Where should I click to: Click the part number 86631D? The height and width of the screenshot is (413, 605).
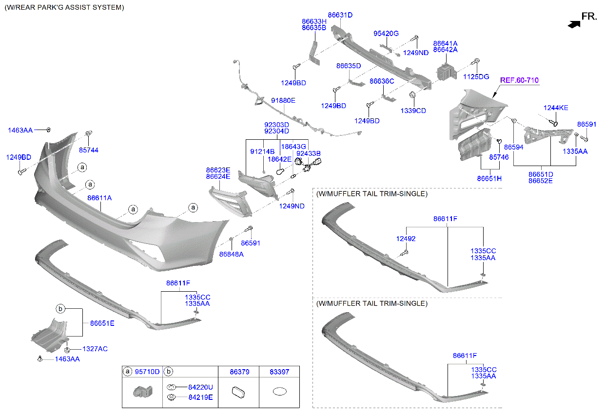click(340, 15)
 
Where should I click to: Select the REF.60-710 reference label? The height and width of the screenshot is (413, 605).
click(519, 80)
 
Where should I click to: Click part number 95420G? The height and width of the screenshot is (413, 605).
click(386, 34)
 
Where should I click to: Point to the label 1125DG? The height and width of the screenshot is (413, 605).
click(476, 77)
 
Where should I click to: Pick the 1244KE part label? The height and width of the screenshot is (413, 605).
click(556, 108)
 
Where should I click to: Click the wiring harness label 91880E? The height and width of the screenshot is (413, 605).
click(283, 101)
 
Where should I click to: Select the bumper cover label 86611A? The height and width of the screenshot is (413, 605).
click(99, 198)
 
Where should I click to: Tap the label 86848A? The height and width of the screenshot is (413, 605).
click(231, 254)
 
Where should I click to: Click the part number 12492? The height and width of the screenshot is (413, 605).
click(406, 239)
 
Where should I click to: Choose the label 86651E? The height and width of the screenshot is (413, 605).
click(102, 323)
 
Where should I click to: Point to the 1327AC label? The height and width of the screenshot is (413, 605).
click(95, 349)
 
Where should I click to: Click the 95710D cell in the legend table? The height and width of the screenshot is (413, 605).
click(147, 372)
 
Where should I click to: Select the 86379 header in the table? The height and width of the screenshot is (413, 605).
click(239, 372)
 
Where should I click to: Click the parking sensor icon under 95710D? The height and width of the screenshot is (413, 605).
click(141, 392)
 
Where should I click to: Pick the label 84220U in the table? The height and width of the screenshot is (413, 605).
click(200, 387)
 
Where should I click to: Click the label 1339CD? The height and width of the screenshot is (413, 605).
click(413, 111)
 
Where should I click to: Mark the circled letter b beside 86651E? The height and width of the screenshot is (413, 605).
click(60, 309)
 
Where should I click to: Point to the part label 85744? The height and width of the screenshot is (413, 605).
click(89, 150)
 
